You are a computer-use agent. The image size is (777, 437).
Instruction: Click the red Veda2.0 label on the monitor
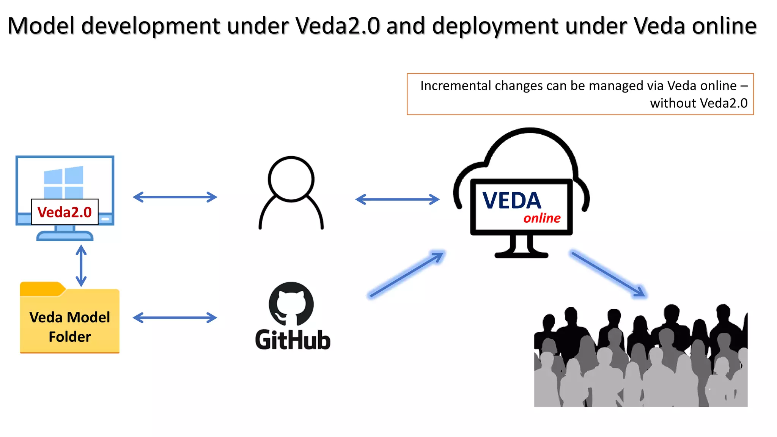point(64,212)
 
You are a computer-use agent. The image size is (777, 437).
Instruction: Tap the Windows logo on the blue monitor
point(63,182)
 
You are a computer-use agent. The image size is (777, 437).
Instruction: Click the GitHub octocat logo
point(291,304)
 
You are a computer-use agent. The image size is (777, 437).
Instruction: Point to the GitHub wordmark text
point(293,340)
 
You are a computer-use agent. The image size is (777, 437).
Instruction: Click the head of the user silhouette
point(291,179)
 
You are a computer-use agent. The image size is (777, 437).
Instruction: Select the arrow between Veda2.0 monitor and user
point(175,197)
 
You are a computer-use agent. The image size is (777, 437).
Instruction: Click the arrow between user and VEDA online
point(397,199)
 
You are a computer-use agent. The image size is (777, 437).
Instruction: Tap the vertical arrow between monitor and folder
point(81,266)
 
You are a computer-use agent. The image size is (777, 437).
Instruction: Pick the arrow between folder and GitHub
point(175,318)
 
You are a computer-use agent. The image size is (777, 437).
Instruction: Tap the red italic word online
point(542,218)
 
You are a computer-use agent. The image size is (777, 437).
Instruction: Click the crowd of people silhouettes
point(640,360)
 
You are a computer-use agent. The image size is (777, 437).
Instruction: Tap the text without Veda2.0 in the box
point(698,103)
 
